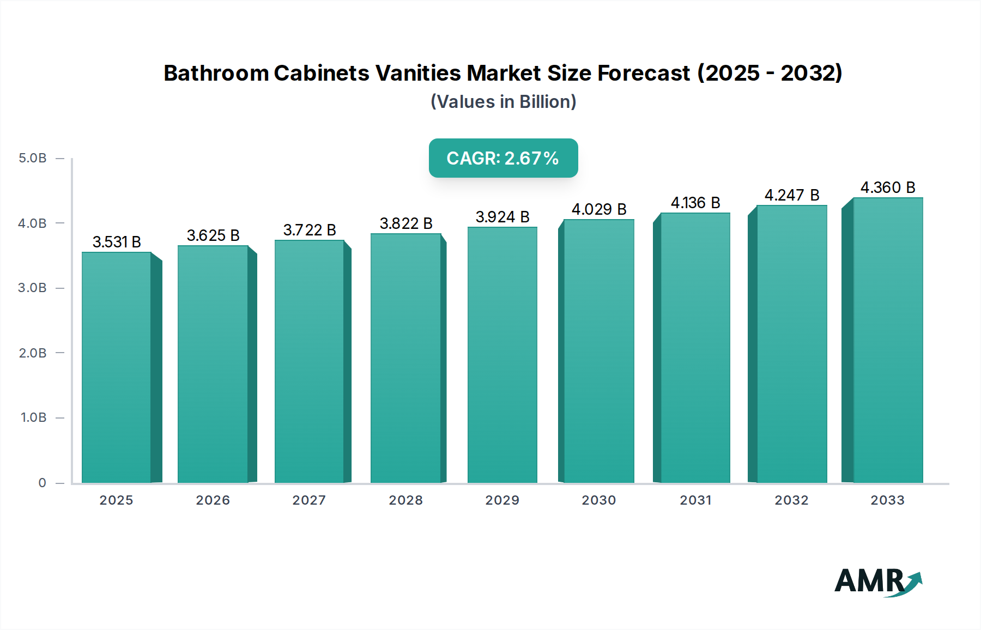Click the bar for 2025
pos(117,367)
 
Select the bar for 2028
pos(405,358)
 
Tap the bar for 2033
pos(888,340)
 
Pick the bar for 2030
pos(598,351)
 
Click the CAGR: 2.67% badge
pos(503,158)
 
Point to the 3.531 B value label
pos(117,241)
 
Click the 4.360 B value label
pos(888,187)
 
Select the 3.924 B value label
pos(502,217)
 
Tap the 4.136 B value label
pos(695,203)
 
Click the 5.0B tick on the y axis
pos(33,158)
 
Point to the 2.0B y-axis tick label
pos(33,353)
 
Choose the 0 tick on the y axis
pos(42,482)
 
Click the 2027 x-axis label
pos(309,500)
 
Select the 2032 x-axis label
pos(791,500)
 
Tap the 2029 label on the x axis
pos(502,500)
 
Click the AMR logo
pos(877,581)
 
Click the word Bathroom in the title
pos(216,73)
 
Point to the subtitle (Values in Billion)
pos(503,101)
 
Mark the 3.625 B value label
pos(213,235)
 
